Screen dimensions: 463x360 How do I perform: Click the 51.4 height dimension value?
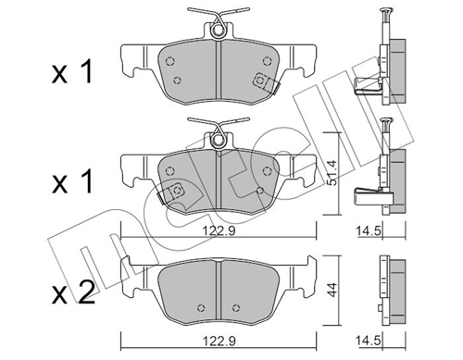332,173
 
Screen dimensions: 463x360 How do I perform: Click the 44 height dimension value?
332,290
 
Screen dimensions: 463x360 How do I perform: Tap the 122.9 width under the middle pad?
219,230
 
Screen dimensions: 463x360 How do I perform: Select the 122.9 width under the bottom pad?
219,341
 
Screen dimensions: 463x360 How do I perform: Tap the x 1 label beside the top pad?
72,72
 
